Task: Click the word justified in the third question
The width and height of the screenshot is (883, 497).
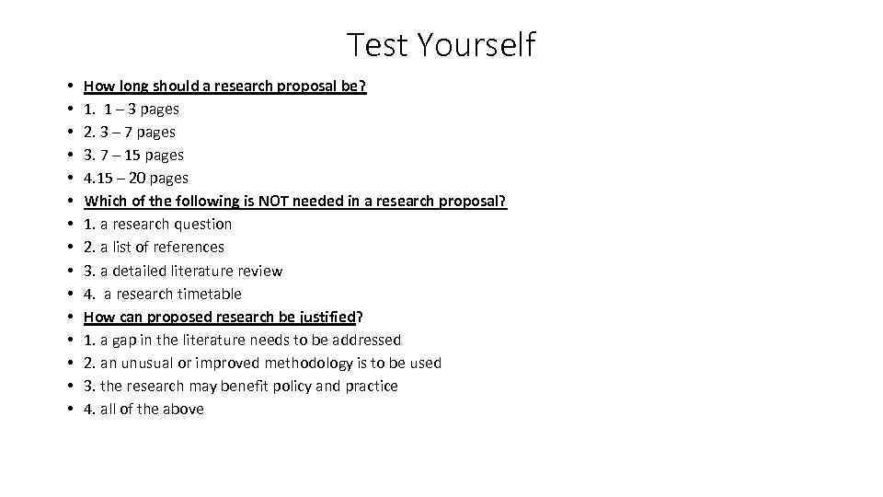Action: point(321,317)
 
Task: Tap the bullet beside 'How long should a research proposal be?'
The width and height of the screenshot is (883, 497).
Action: point(71,86)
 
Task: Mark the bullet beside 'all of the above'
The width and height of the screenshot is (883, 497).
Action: point(71,409)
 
